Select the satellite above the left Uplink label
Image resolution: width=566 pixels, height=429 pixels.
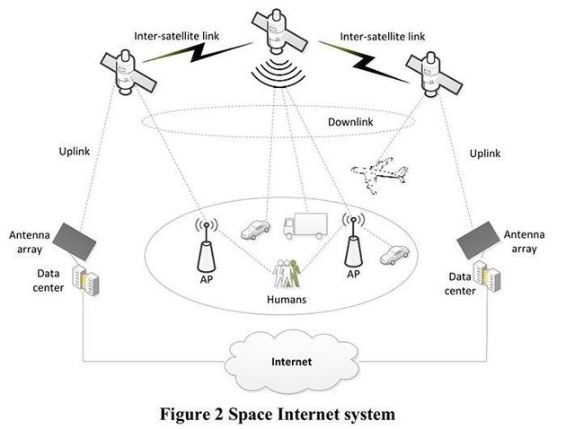[x=127, y=73]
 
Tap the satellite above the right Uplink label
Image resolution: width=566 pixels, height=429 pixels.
[x=434, y=74]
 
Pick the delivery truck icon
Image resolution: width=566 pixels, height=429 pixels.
[x=305, y=225]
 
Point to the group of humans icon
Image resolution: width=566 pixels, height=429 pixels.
[x=287, y=273]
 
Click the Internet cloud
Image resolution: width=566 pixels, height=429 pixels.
[x=292, y=362]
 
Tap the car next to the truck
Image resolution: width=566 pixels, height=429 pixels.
[x=255, y=230]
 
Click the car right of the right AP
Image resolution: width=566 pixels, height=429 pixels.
[x=394, y=255]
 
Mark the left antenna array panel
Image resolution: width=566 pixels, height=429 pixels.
[x=75, y=241]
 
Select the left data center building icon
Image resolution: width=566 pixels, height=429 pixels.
[x=85, y=281]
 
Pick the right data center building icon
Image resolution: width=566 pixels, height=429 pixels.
[x=487, y=276]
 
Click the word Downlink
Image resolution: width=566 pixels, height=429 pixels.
[x=350, y=122]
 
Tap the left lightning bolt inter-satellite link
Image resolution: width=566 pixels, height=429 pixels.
[x=199, y=52]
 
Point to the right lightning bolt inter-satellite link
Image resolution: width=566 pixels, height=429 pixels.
[x=365, y=62]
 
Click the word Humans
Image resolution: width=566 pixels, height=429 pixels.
[x=287, y=299]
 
